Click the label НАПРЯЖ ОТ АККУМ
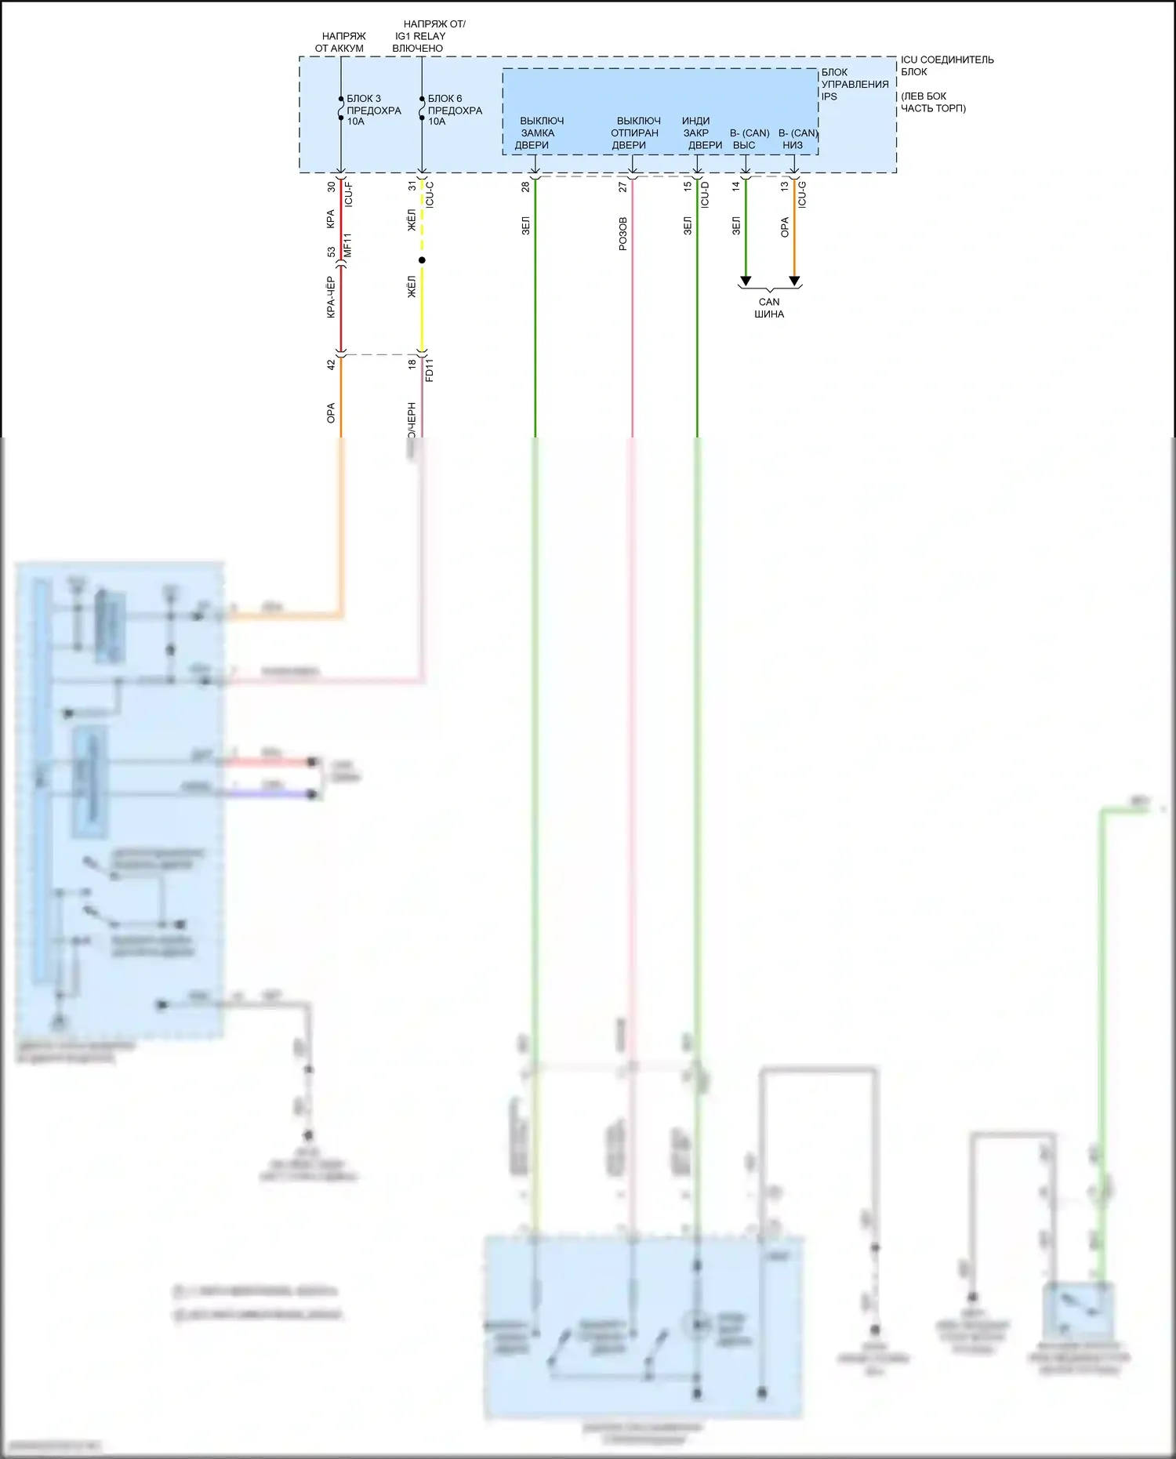tap(341, 42)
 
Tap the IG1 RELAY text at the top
tap(420, 36)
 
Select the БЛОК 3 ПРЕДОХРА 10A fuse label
tap(373, 110)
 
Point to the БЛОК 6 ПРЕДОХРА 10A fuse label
tap(455, 110)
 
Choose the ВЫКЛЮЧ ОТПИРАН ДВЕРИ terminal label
tap(635, 132)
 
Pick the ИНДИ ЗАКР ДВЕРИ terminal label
tap(700, 132)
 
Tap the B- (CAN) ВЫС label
tap(749, 139)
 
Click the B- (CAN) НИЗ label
tap(797, 139)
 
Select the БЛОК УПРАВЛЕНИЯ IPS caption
tap(855, 84)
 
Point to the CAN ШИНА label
tap(769, 307)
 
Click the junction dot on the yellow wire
tap(422, 260)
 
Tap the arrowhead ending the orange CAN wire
tap(794, 281)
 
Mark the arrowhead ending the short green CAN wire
tap(746, 281)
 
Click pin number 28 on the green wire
tap(525, 187)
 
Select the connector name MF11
tap(348, 245)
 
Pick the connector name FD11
tap(430, 370)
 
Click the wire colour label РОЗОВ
tap(622, 234)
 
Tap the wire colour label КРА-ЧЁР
tap(331, 297)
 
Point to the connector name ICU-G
tap(802, 194)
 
